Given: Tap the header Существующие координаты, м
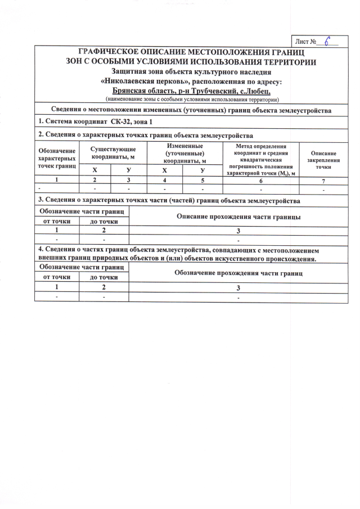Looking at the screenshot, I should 112,152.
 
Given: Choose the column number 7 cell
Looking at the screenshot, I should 323,181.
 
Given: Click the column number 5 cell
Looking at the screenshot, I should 202,181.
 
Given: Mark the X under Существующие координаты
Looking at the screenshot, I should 94,170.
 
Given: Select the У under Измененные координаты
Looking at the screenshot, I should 202,170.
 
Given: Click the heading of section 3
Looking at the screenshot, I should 169,200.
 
